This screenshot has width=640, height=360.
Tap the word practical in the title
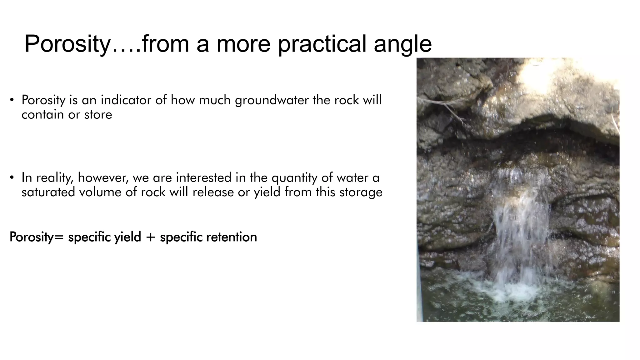tap(322, 44)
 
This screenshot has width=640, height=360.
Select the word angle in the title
tap(403, 44)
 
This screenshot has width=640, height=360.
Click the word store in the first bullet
tap(98, 115)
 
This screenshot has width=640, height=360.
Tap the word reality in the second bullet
tap(55, 178)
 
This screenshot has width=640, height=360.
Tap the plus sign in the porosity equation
tap(150, 237)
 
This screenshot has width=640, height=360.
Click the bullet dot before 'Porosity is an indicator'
tap(12, 100)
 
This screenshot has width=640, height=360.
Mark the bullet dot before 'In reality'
tap(12, 178)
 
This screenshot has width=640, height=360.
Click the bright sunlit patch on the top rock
tap(544, 75)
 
